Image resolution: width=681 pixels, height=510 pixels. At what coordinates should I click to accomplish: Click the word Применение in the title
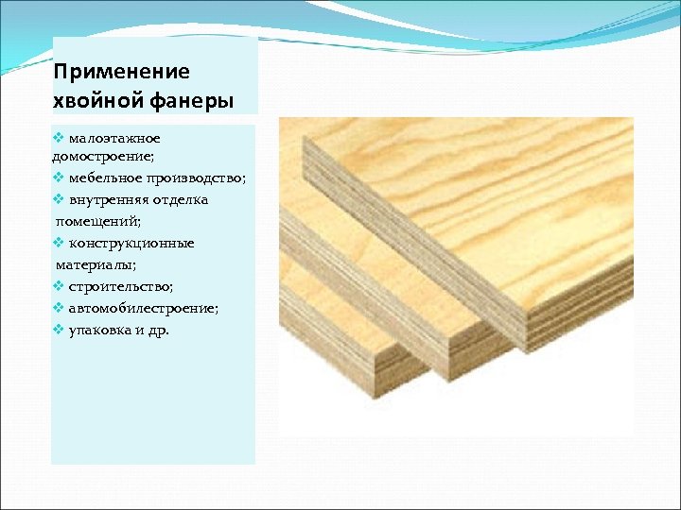pos(122,73)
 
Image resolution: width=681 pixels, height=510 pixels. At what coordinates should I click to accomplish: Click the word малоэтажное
pos(114,138)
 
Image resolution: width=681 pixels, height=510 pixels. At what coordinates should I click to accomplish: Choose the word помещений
pos(98,221)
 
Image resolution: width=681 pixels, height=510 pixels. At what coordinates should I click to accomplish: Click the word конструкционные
pos(131,243)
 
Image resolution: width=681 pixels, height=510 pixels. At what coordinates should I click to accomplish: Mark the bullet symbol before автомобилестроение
pos(59,308)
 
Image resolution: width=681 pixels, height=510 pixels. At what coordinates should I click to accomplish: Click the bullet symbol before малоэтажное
pos(59,138)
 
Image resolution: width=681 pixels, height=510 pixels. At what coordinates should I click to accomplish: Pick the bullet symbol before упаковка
pos(59,330)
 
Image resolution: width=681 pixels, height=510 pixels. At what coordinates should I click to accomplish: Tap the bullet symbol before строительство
pos(59,286)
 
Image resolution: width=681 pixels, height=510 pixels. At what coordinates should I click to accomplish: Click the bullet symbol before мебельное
pos(59,178)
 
